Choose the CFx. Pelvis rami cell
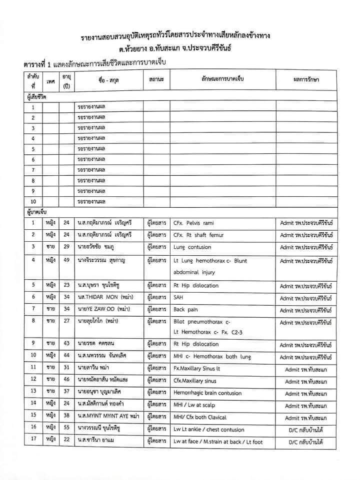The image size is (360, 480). coord(194,222)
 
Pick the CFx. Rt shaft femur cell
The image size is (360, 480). coord(197,234)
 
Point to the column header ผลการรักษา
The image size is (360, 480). coord(306,80)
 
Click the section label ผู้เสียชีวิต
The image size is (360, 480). coord(36,96)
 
